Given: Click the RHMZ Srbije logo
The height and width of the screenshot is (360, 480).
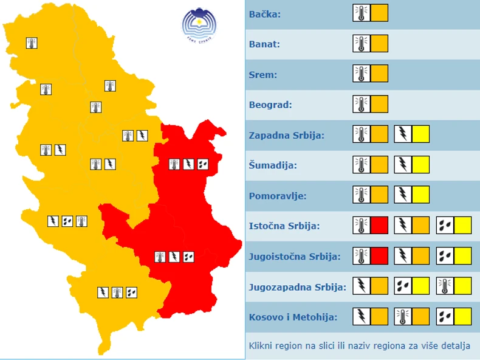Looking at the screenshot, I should (199, 26).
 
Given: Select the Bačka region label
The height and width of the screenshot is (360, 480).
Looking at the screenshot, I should (265, 14).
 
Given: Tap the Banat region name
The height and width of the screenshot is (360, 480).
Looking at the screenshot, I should (264, 44).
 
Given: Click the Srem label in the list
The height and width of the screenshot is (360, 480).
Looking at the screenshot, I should (262, 75).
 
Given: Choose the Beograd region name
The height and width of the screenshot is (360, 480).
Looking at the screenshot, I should (270, 105).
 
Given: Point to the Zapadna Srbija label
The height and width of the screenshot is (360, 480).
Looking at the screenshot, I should (287, 135).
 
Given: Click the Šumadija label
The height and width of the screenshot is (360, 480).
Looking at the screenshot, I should (272, 165).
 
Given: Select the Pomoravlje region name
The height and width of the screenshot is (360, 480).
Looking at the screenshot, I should (278, 196).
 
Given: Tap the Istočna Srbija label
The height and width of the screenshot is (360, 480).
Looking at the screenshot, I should (284, 226).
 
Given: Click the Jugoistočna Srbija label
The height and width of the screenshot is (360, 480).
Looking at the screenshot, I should (295, 256).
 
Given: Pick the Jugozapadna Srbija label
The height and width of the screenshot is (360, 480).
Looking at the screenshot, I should (298, 286).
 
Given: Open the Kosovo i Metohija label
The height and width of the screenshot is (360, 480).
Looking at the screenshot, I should (293, 317).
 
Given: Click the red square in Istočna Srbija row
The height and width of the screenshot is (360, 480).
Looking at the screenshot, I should (379, 226).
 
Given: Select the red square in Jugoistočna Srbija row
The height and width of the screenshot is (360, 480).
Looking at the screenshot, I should (379, 255).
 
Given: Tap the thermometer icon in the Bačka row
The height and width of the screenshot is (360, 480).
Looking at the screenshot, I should (362, 13).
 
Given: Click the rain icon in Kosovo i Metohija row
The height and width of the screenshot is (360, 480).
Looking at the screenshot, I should (445, 316).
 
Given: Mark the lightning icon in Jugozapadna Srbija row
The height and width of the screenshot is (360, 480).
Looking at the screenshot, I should (362, 286).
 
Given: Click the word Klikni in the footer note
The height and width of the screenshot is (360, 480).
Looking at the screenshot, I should (260, 346).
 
